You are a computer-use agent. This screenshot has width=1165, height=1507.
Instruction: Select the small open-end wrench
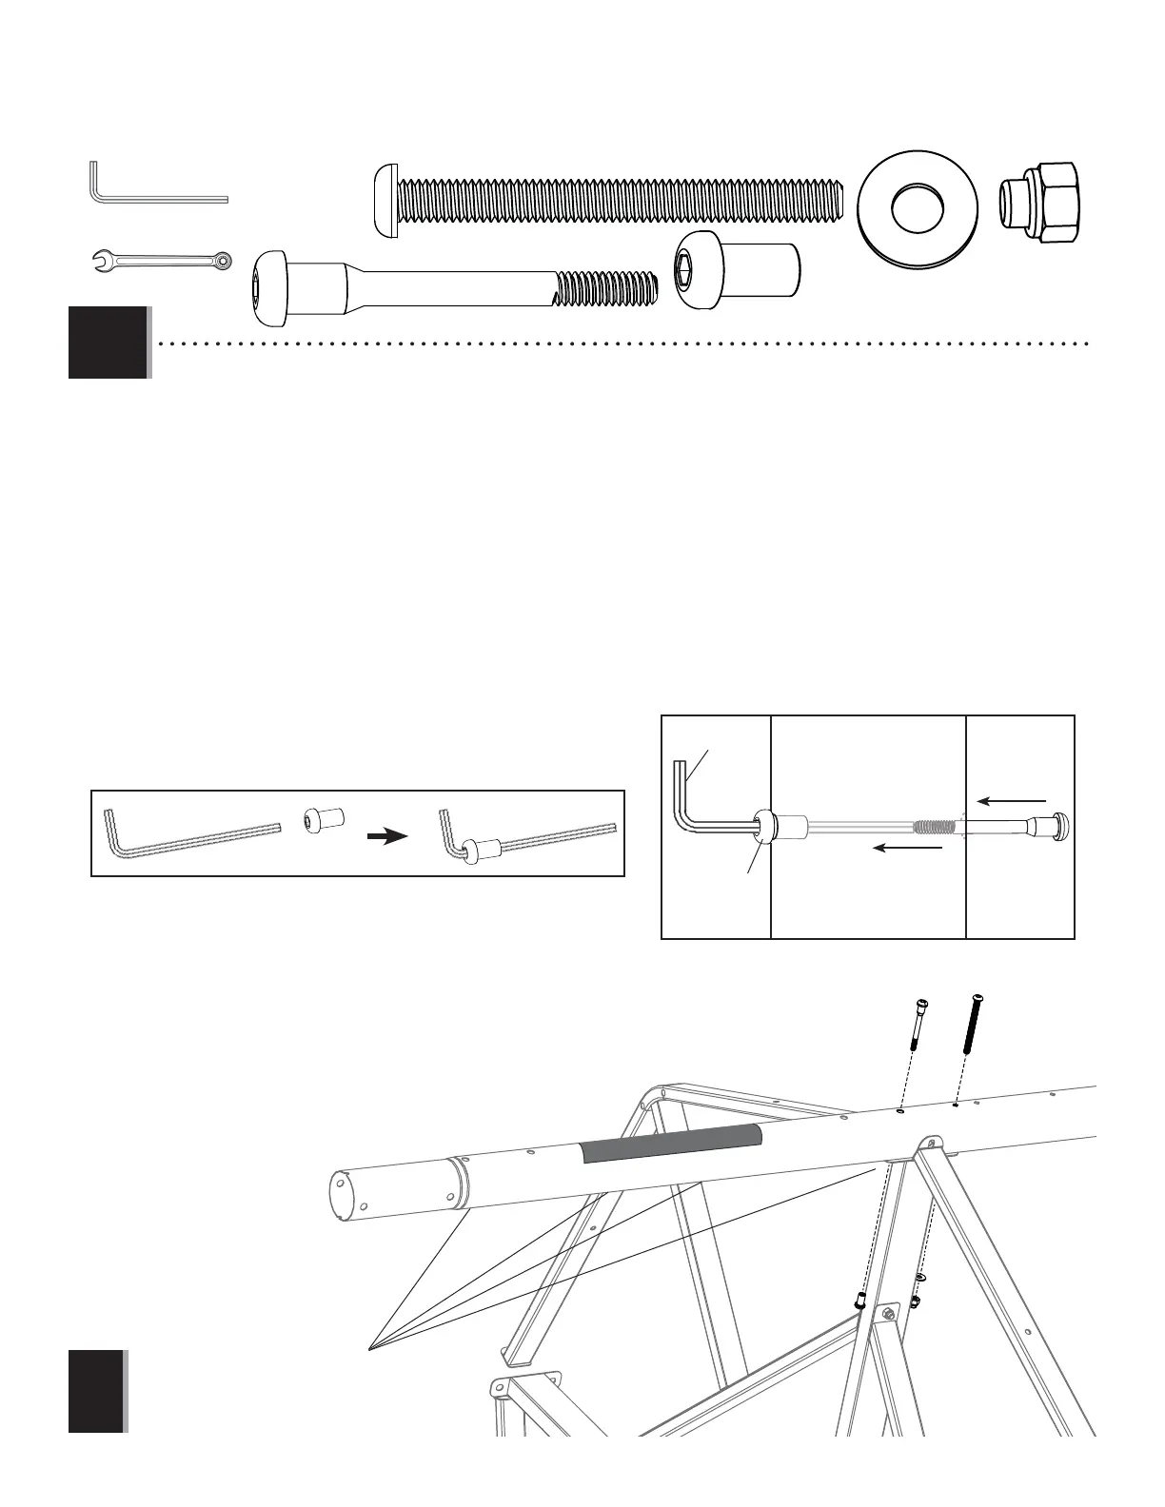tap(160, 260)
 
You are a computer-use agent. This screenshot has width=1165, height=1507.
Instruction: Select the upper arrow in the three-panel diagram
tap(1012, 802)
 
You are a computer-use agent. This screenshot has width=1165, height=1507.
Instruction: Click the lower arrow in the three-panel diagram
tap(908, 847)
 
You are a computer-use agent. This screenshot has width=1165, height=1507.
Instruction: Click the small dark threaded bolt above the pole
tap(975, 1023)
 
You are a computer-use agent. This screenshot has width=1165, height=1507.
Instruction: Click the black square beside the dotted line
tap(108, 342)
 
